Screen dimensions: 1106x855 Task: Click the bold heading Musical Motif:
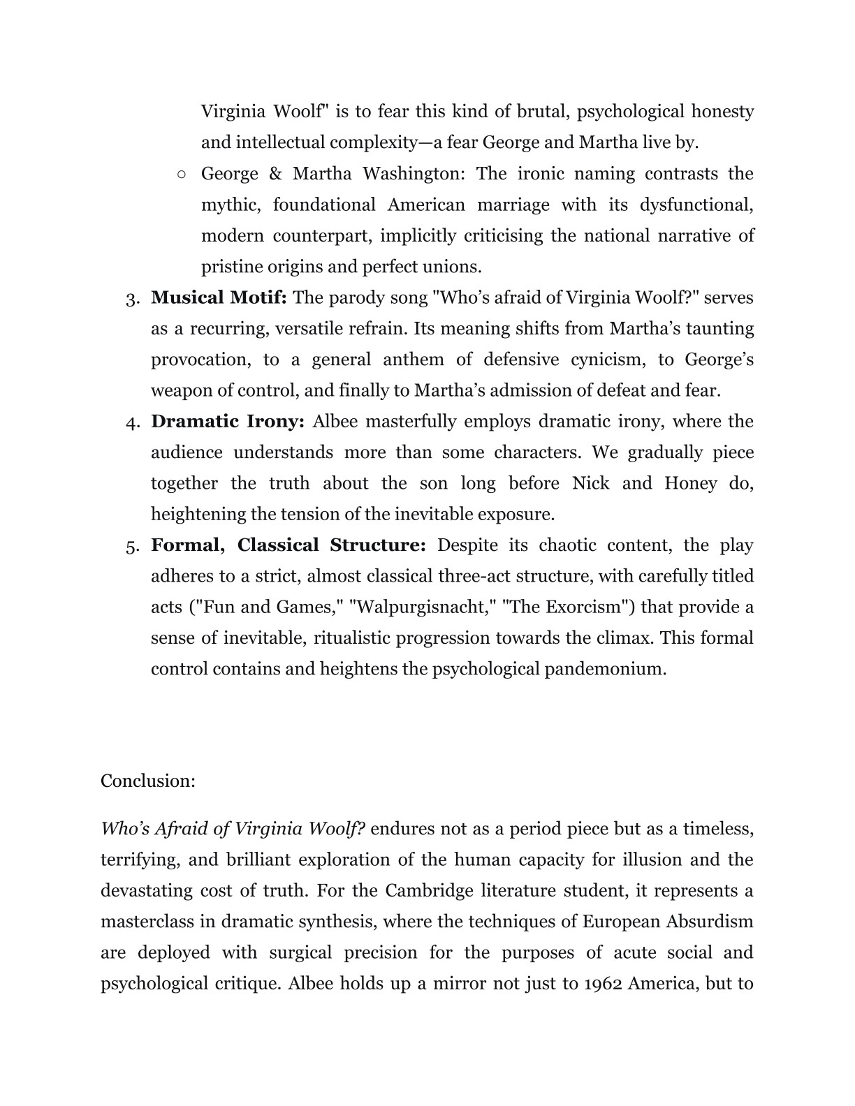coord(219,298)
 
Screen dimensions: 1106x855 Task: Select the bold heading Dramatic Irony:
coord(227,422)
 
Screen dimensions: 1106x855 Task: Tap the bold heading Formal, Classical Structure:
coord(288,545)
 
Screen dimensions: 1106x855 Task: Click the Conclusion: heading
coord(148,781)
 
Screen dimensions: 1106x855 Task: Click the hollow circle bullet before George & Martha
coord(182,174)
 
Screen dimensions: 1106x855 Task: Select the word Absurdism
coord(710,922)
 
